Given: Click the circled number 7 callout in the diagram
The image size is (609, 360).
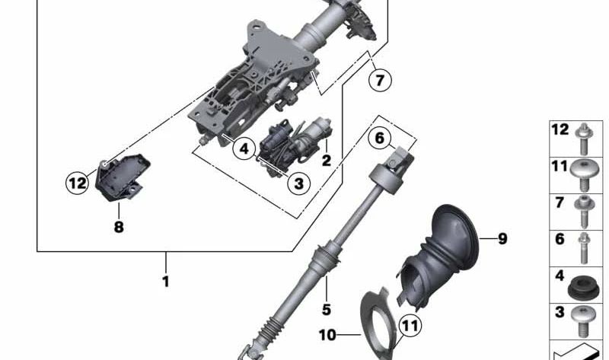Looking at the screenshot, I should pos(381,78).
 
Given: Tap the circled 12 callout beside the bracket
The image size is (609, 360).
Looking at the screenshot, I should pos(77,183).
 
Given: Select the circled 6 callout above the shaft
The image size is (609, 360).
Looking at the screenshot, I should pos(380,139).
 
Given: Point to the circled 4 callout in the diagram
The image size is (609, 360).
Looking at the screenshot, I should pos(244,148).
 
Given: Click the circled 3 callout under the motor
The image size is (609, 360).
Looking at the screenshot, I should pos(298,183).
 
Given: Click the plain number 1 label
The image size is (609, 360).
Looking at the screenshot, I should pos(165,282).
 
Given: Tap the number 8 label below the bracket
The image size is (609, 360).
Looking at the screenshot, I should pos(119,227).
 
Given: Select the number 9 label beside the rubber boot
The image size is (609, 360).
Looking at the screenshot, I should pos(502,239).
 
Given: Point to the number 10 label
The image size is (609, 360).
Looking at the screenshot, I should pos(328,334).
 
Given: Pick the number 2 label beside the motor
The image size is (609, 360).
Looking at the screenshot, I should pos(326,160).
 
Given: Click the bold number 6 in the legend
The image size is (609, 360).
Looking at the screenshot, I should pos(560,239).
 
